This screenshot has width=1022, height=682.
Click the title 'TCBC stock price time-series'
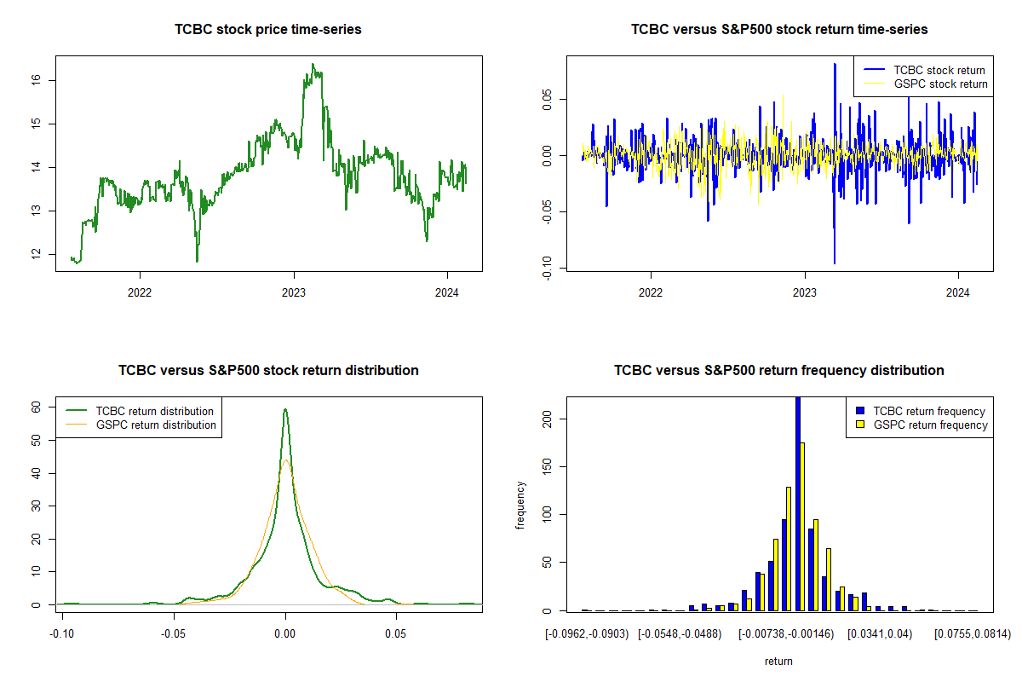pos(267,30)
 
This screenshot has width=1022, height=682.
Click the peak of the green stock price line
pos(313,65)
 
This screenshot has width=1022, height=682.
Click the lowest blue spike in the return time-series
pos(835,263)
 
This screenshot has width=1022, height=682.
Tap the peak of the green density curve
pos(285,409)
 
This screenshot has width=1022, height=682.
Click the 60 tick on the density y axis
pos(37,407)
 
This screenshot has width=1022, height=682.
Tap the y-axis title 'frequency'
pos(521,505)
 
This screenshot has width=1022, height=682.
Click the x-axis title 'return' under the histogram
pos(778,661)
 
